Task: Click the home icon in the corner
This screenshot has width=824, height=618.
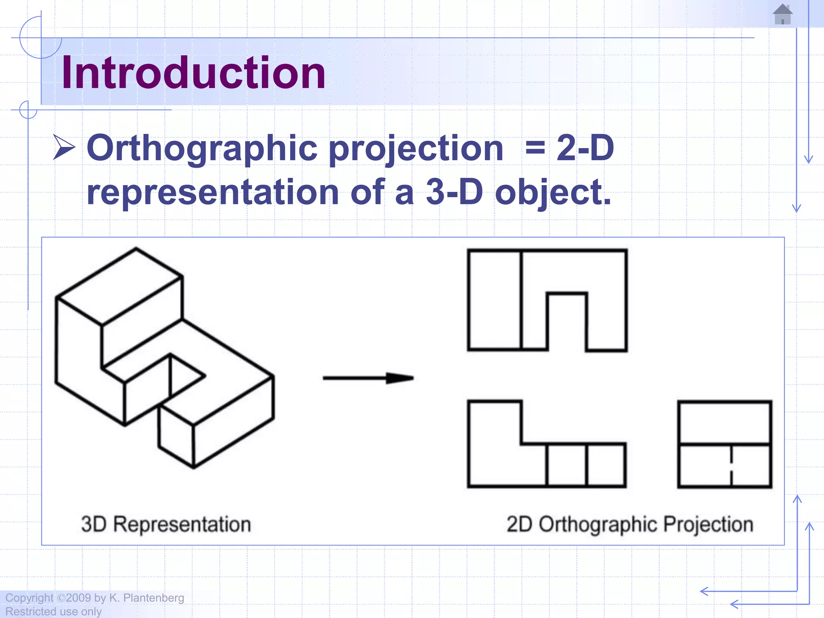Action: tap(783, 14)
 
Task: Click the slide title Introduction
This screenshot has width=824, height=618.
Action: tap(193, 72)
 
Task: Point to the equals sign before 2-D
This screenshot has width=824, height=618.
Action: tap(535, 148)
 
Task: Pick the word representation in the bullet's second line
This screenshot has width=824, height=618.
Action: tap(213, 192)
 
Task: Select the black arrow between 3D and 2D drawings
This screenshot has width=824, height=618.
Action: tap(368, 378)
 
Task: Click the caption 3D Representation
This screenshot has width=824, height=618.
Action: tap(166, 524)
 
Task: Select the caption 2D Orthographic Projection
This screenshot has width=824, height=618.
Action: tap(630, 524)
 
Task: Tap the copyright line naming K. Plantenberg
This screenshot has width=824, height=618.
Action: tap(95, 598)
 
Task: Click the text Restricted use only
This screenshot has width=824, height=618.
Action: tap(54, 612)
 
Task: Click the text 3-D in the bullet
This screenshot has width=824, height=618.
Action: tap(454, 192)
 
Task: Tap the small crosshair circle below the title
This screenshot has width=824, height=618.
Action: tap(28, 110)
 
